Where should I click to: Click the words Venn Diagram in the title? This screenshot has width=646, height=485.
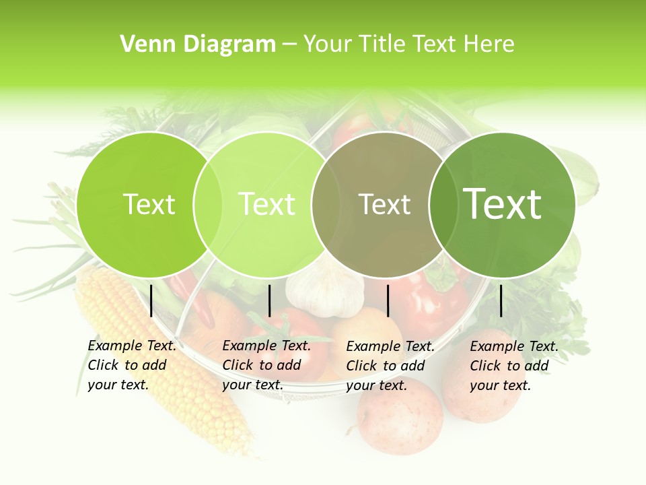pyautogui.click(x=198, y=44)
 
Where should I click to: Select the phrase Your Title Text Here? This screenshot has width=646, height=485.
pyautogui.click(x=408, y=44)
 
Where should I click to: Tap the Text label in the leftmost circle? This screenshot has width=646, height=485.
pyautogui.click(x=149, y=204)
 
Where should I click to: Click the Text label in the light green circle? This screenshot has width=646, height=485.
pyautogui.click(x=267, y=204)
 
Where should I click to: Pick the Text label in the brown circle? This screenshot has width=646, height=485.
pyautogui.click(x=385, y=204)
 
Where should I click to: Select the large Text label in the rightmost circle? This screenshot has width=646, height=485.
pyautogui.click(x=502, y=204)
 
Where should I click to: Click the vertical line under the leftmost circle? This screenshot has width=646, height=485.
pyautogui.click(x=151, y=300)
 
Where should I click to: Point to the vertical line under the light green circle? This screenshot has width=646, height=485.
pyautogui.click(x=269, y=300)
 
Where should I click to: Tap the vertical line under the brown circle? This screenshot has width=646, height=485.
pyautogui.click(x=388, y=300)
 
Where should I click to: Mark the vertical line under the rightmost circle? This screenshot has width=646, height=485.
pyautogui.click(x=501, y=300)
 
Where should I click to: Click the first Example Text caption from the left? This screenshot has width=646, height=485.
pyautogui.click(x=132, y=365)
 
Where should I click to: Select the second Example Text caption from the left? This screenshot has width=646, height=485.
pyautogui.click(x=266, y=365)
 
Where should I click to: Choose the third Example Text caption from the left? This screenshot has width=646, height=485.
pyautogui.click(x=390, y=366)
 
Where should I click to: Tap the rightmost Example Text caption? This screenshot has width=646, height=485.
pyautogui.click(x=514, y=366)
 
